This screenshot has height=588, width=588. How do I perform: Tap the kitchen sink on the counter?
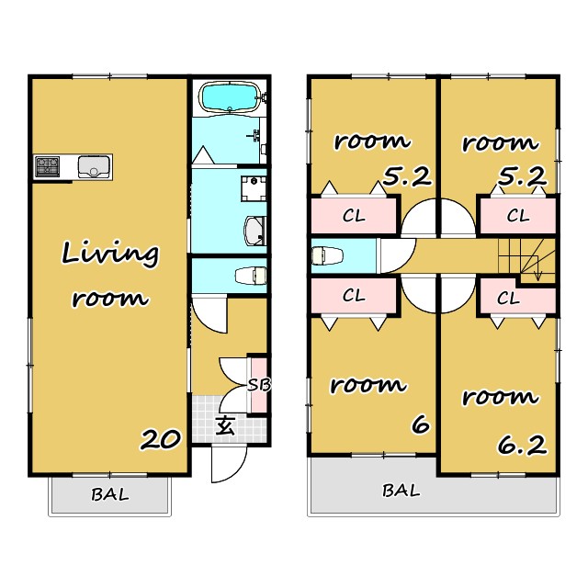click(94, 166)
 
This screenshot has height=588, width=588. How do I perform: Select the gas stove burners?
click(47, 166)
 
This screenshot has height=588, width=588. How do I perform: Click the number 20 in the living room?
click(161, 439)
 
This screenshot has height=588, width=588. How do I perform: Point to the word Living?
click(110, 254)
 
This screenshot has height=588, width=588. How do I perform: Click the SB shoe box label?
click(259, 385)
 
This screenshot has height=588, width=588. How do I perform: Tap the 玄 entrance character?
click(225, 425)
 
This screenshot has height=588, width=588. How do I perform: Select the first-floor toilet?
click(251, 276)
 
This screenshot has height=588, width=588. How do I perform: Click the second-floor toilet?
click(327, 255)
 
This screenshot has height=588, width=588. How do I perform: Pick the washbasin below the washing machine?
click(255, 231)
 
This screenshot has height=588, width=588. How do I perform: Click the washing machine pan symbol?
click(254, 188)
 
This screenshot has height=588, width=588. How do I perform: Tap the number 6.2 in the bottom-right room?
click(522, 445)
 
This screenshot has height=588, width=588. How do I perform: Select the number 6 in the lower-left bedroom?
click(421, 424)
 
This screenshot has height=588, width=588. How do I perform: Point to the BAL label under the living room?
click(110, 494)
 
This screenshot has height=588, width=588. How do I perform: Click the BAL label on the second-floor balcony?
click(401, 490)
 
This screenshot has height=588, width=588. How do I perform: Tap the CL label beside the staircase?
click(508, 299)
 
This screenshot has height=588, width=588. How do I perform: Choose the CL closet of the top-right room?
click(518, 216)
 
